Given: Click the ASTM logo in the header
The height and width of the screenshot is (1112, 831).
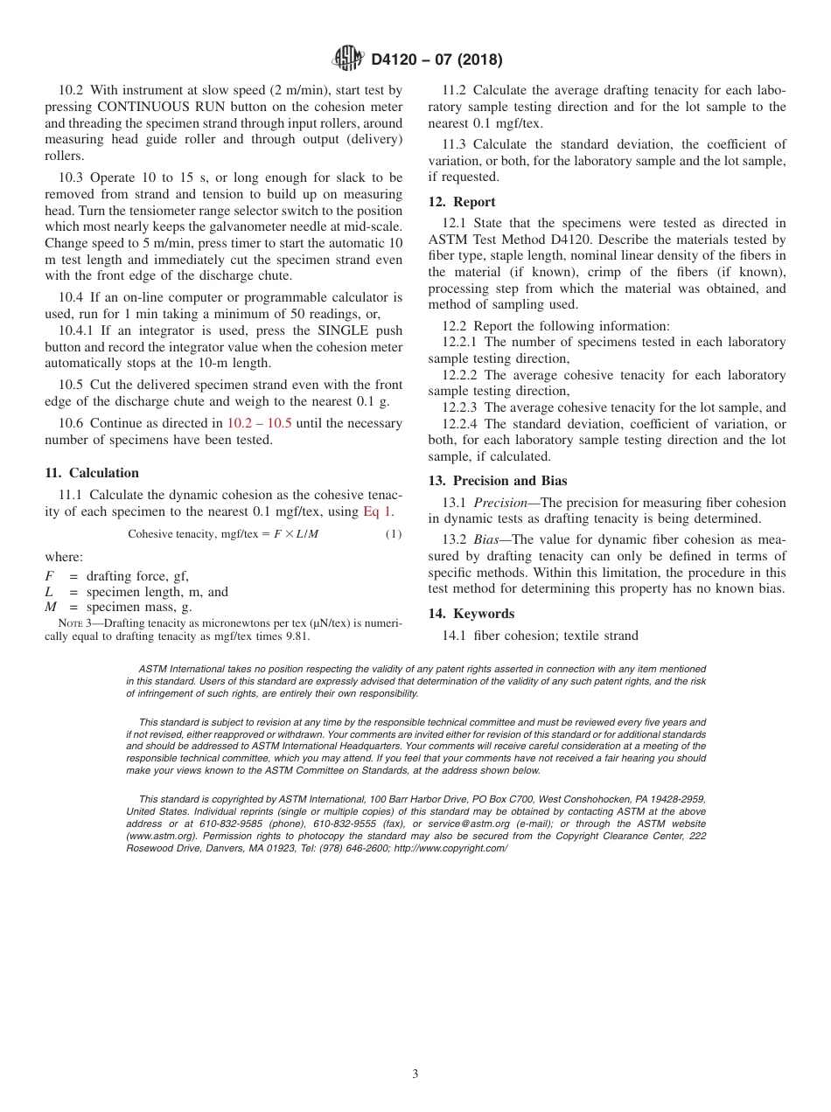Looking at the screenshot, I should click(349, 59).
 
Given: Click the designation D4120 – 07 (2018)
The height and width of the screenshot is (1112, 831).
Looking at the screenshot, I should click(436, 60).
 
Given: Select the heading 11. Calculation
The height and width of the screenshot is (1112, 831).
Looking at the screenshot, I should click(92, 473).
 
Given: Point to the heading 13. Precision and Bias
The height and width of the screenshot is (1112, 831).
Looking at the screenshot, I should click(498, 481).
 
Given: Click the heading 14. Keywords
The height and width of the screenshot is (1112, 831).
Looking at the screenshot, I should click(471, 614).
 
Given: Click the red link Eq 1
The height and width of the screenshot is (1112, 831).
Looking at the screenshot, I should click(378, 511).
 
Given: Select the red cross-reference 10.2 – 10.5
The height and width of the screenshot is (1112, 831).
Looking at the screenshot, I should click(260, 423).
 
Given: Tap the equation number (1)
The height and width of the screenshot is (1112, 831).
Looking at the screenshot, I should click(394, 534).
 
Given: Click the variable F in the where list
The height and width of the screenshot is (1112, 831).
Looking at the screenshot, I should click(49, 575).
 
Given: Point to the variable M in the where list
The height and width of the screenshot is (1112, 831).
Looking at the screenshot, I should click(50, 607).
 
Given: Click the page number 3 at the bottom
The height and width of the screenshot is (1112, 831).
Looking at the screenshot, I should click(415, 1074).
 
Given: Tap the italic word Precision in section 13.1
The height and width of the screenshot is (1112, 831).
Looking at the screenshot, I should click(503, 502).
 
